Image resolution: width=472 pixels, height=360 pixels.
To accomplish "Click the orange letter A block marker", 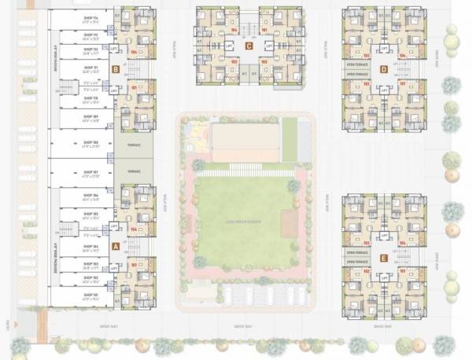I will (116, 245).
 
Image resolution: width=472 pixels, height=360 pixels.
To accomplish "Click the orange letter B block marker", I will (116, 68).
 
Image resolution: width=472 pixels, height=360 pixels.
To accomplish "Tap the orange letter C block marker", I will (249, 46).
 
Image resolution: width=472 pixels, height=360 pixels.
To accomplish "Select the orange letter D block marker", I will (383, 68).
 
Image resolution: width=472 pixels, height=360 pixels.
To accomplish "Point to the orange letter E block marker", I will (383, 257).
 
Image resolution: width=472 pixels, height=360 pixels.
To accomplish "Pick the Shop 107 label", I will (90, 172).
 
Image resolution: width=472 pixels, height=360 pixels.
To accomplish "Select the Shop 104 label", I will (90, 247).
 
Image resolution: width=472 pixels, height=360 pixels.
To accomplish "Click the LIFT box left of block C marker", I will (228, 46).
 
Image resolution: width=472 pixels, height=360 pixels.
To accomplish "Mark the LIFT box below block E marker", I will (383, 277).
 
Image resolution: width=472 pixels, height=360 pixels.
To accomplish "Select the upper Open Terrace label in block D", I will (358, 65).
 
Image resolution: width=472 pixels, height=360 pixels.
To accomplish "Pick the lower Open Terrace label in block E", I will (358, 261).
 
